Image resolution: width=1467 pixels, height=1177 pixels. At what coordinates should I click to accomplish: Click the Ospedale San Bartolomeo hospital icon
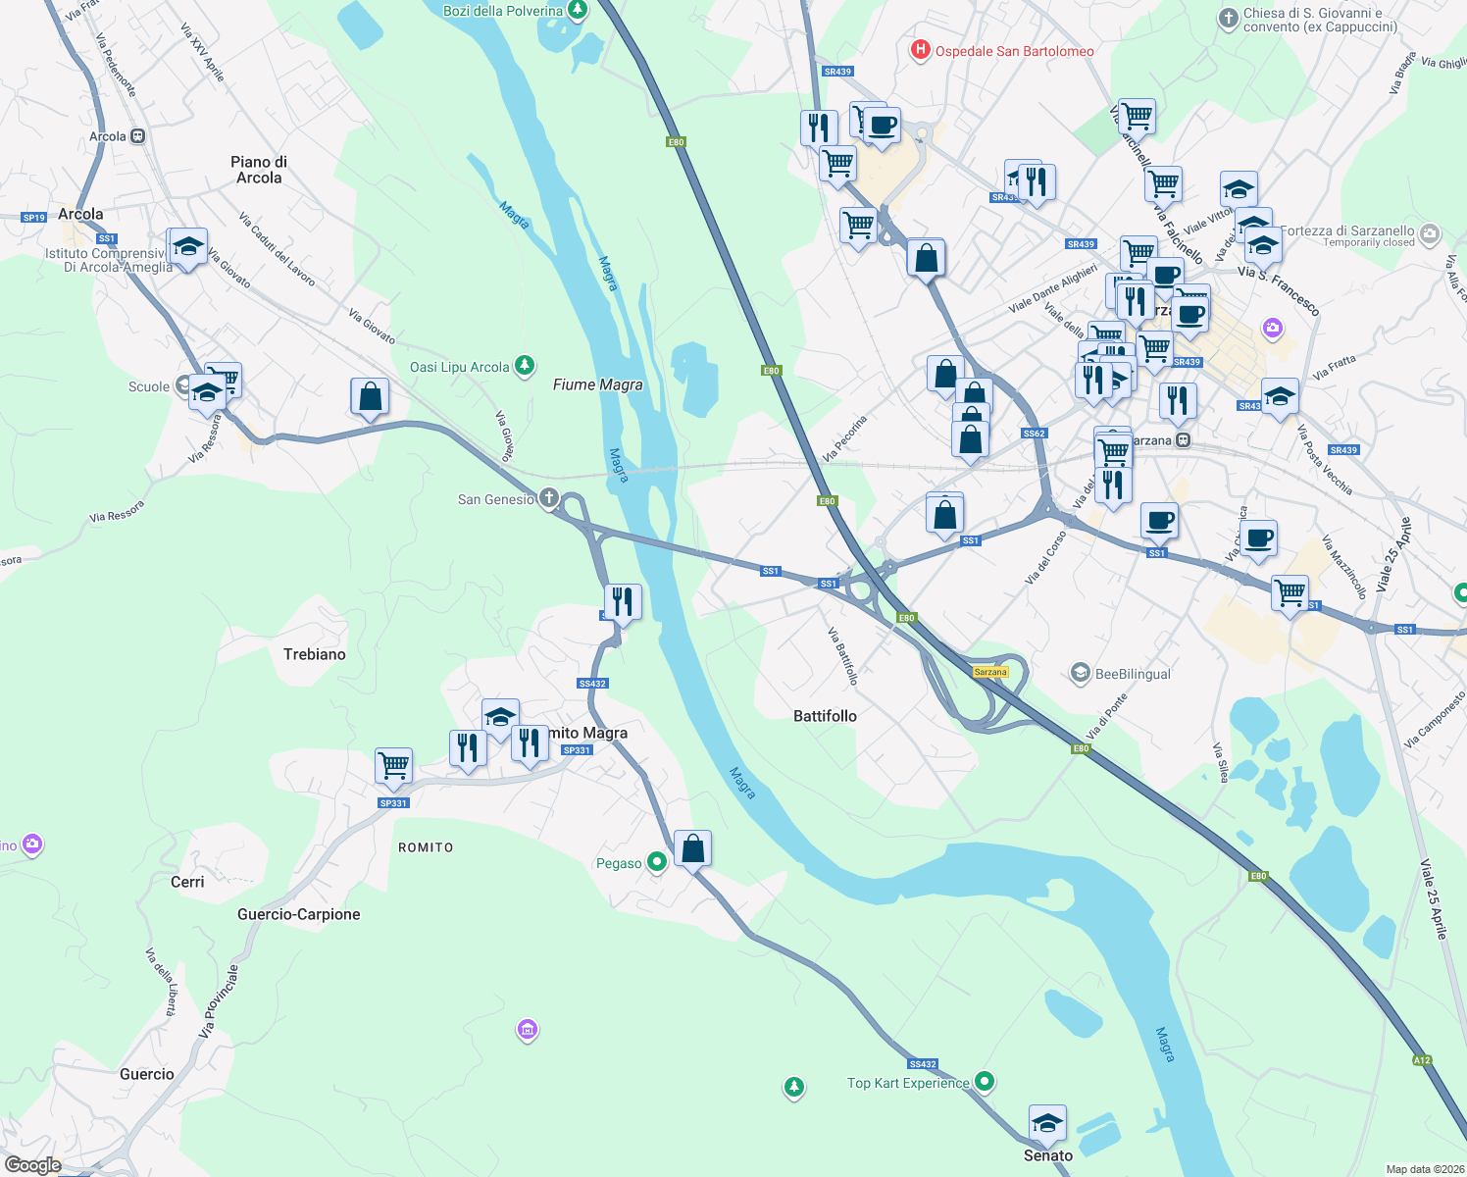[x=920, y=50]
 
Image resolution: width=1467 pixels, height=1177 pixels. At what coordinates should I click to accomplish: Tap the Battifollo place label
[x=825, y=716]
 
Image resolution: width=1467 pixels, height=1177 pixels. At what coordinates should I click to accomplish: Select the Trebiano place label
[x=314, y=654]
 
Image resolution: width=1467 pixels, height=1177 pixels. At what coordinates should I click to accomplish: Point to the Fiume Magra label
[x=597, y=384]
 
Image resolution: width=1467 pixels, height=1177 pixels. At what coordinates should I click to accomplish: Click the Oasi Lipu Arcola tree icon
[x=526, y=366]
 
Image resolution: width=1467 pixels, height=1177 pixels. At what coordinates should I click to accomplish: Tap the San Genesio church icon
[x=549, y=498]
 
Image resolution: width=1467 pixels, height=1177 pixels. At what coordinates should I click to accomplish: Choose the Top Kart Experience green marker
[x=985, y=1081]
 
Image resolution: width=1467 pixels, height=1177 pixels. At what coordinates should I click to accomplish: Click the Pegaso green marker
[x=657, y=862]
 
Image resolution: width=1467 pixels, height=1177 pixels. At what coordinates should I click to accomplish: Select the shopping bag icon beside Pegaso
[x=692, y=848]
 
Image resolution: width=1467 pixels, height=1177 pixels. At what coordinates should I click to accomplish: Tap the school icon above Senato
[x=1047, y=1123]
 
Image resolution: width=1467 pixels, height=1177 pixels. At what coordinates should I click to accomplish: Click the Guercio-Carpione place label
[x=299, y=914]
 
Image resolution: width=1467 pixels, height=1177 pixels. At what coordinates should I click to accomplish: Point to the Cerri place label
[x=187, y=882]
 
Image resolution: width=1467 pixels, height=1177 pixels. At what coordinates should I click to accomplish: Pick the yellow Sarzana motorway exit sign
[x=990, y=672]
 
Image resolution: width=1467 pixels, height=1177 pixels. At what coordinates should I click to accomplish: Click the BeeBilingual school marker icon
[x=1081, y=673]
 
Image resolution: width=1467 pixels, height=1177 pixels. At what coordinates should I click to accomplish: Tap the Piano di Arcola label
[x=259, y=170]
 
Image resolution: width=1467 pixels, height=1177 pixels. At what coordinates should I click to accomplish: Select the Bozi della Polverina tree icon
[x=578, y=11]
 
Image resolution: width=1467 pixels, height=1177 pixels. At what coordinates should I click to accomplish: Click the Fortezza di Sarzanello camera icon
[x=1430, y=232]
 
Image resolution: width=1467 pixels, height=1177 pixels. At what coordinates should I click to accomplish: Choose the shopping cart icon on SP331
[x=393, y=765]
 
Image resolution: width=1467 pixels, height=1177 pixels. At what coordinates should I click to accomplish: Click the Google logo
[x=33, y=1164]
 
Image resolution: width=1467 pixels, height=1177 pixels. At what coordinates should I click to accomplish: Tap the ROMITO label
[x=426, y=847]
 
